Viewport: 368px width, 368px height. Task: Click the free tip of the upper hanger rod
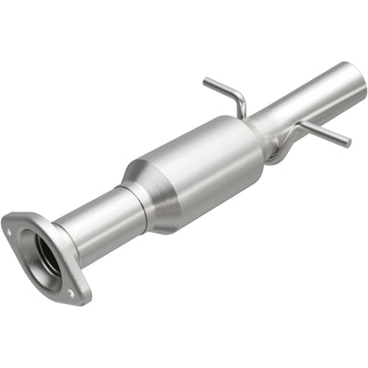pos(206,81)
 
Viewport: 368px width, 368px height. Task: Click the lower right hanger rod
pos(322,133)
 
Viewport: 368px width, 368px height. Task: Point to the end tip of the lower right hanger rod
pos(347,144)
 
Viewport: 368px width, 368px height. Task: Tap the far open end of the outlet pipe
pos(357,78)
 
